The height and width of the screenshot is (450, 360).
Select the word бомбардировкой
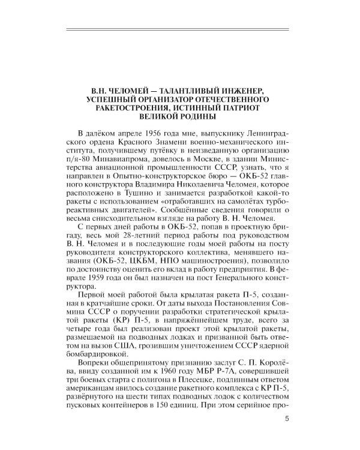100,349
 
